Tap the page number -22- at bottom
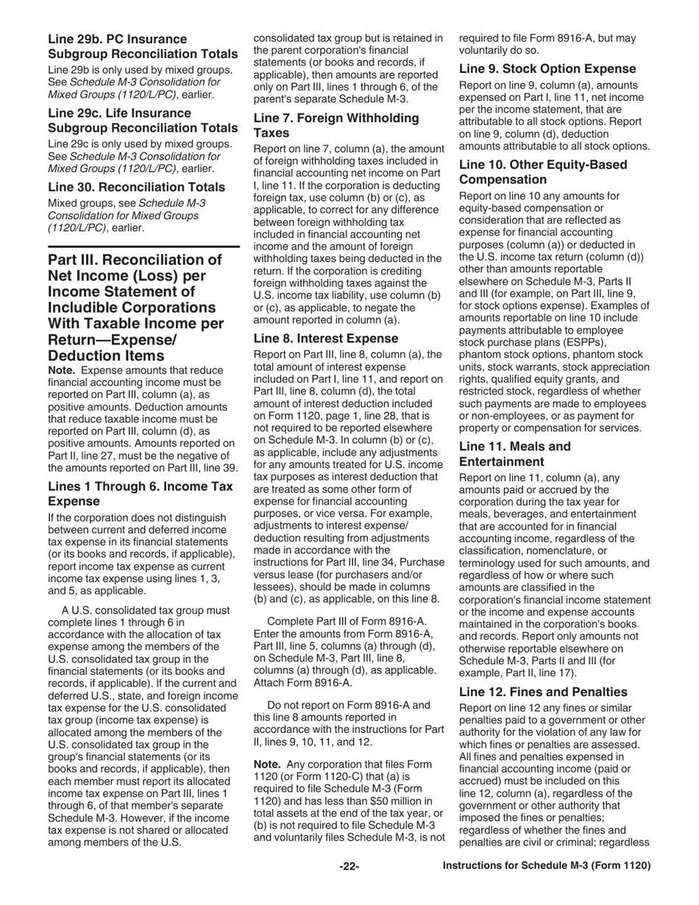click(x=349, y=866)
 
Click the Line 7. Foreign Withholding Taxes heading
click(x=336, y=125)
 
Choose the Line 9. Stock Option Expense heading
click(x=547, y=68)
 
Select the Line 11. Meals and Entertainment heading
click(x=515, y=454)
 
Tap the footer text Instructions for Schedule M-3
click(x=546, y=866)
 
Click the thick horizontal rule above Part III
click(x=143, y=246)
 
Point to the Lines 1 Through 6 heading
click(x=140, y=493)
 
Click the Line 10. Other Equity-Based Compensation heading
click(x=543, y=171)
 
